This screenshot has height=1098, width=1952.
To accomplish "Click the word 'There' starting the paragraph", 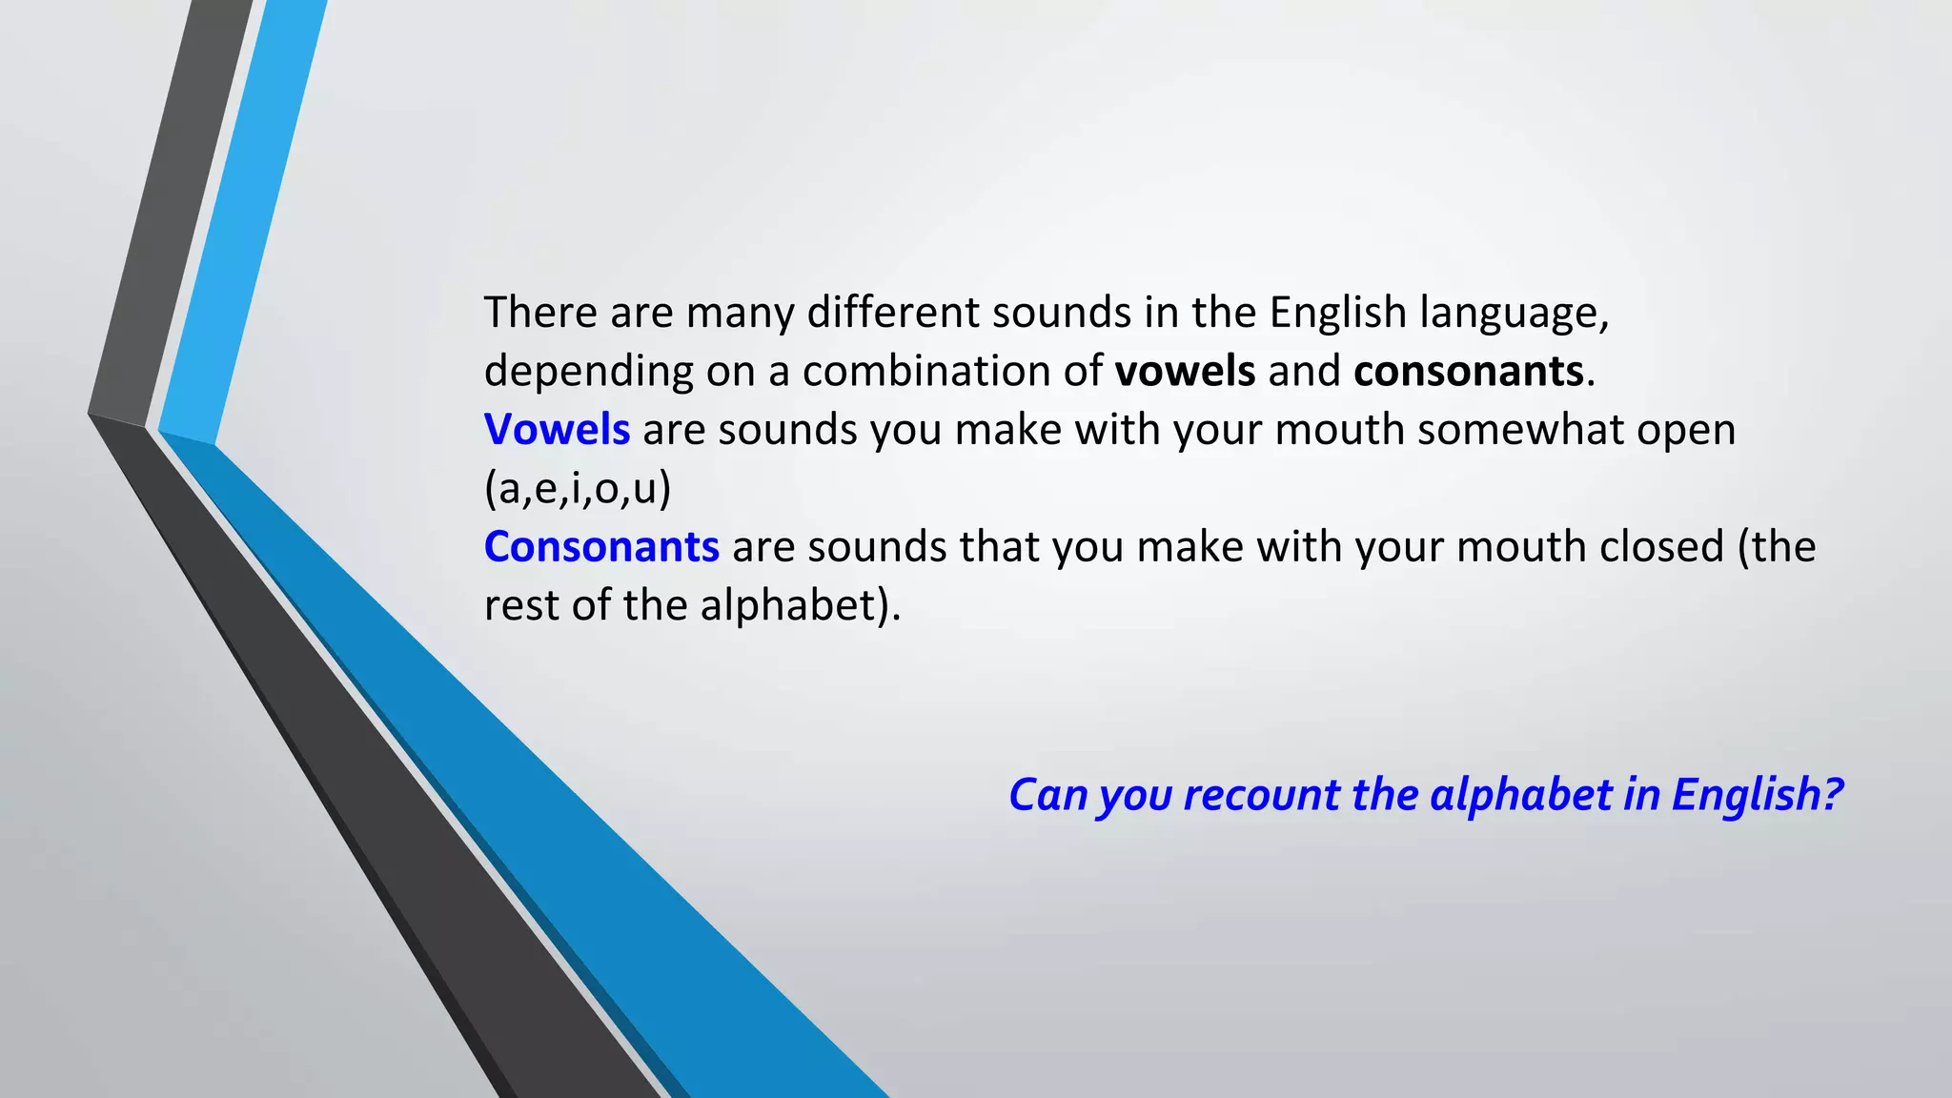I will [x=540, y=313].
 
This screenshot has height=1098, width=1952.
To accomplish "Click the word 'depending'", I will [x=588, y=372].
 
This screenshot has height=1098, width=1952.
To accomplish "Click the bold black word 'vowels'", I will [x=1185, y=371].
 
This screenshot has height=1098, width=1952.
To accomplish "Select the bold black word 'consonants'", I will [x=1468, y=371].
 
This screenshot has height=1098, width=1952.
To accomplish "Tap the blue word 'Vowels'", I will [x=557, y=430].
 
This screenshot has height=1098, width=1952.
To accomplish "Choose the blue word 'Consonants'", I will [x=601, y=547].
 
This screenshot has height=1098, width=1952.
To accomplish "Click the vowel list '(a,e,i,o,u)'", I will [x=578, y=489].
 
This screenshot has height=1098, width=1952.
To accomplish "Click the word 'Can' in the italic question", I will [x=1047, y=795].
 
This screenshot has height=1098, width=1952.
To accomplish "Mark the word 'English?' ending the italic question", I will [x=1757, y=795].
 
